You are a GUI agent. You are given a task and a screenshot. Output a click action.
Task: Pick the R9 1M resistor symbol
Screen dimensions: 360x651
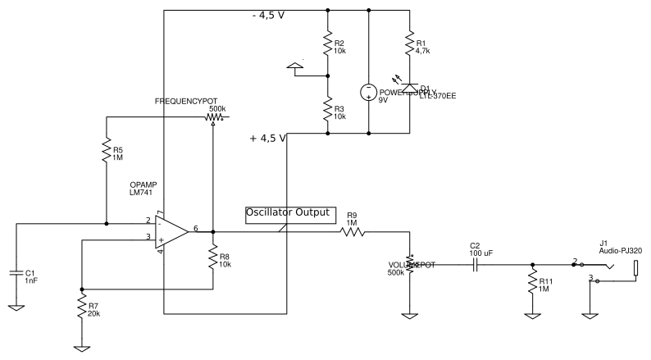coord(352,232)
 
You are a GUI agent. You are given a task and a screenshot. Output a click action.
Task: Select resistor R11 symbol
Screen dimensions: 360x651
coord(532,284)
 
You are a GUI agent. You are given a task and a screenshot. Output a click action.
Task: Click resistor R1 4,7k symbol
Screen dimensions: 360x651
coord(408,44)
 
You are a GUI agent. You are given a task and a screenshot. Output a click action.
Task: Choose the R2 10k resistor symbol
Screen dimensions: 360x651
coord(327,45)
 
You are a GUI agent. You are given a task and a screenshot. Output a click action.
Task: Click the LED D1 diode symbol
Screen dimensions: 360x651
coord(408,84)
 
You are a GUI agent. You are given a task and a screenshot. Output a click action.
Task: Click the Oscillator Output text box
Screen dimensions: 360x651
coord(290,213)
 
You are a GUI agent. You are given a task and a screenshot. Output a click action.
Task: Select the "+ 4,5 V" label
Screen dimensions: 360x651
coord(267,139)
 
